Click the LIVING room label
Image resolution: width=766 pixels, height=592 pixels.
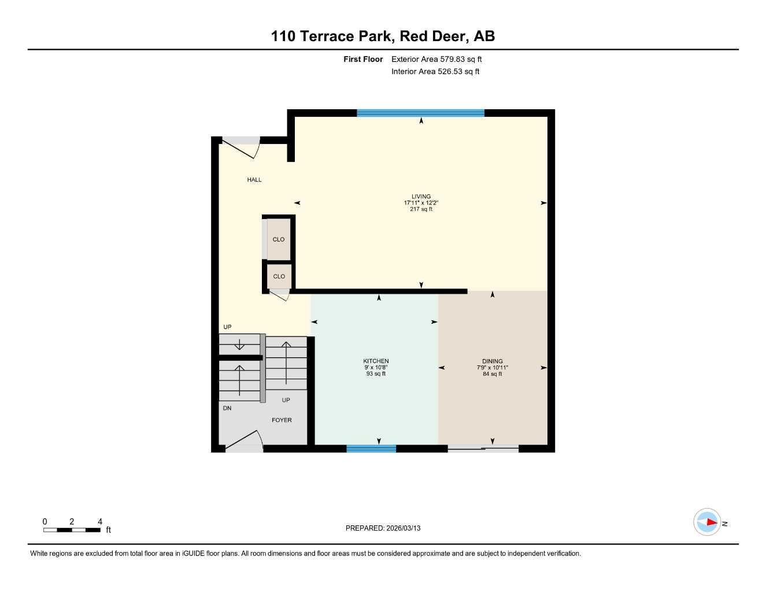pos(421,197)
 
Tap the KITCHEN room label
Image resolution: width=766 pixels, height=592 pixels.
pos(376,361)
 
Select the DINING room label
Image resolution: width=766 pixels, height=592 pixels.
pos(492,361)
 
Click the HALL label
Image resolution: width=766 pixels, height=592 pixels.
pos(254,180)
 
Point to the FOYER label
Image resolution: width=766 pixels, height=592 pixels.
pos(282,420)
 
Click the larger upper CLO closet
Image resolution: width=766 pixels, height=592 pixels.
pos(279,239)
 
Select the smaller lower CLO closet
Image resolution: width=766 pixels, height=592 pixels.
pos(279,276)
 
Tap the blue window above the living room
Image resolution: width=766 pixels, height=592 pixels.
pos(420,113)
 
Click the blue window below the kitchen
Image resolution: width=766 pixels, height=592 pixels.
pos(371,448)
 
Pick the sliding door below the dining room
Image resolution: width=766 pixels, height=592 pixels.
pos(483,448)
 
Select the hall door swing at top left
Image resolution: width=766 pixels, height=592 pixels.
pos(242,147)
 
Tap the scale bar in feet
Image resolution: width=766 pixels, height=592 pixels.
pos(72,530)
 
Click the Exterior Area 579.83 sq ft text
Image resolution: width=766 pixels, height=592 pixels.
pos(436,59)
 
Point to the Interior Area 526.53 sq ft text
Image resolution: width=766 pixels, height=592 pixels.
pos(435,72)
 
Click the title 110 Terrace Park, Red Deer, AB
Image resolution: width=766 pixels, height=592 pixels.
pos(383,36)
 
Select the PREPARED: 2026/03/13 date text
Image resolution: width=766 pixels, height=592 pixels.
pos(383,528)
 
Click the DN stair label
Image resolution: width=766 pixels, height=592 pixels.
pos(227,408)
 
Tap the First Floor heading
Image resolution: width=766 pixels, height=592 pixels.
pos(363,59)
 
